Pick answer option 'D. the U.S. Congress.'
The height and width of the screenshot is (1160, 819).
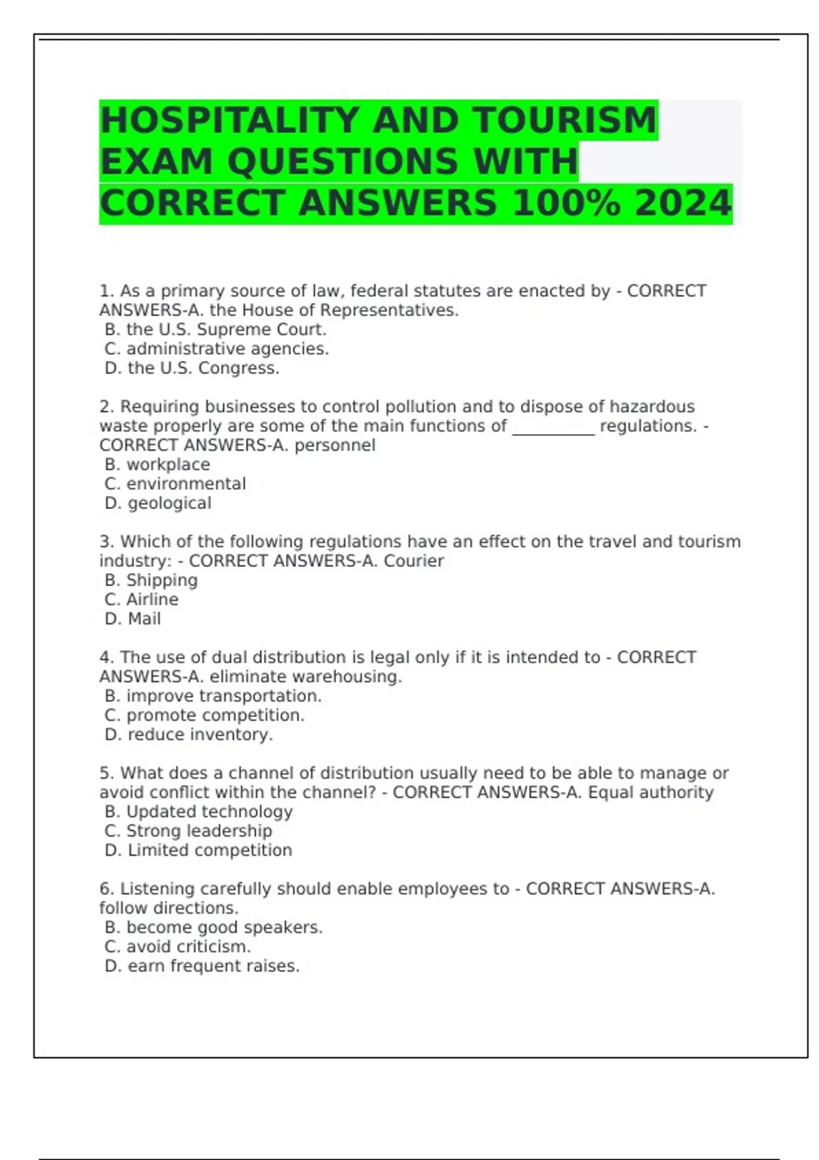click(192, 368)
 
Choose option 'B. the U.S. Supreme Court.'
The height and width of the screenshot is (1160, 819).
click(216, 330)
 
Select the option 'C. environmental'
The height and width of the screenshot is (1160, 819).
click(175, 484)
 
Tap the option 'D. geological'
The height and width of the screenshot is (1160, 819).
click(158, 504)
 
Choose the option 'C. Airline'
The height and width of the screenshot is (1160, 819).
click(141, 600)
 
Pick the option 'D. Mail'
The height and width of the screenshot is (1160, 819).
click(132, 619)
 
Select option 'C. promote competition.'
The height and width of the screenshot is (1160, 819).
click(205, 715)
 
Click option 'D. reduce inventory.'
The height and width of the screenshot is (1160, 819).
click(188, 735)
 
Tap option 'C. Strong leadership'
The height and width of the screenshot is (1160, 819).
click(188, 831)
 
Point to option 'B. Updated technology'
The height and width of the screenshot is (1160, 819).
click(199, 812)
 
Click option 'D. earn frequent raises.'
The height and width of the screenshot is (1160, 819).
click(202, 966)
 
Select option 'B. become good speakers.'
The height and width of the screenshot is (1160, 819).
click(214, 928)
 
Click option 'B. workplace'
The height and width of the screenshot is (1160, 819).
click(158, 465)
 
